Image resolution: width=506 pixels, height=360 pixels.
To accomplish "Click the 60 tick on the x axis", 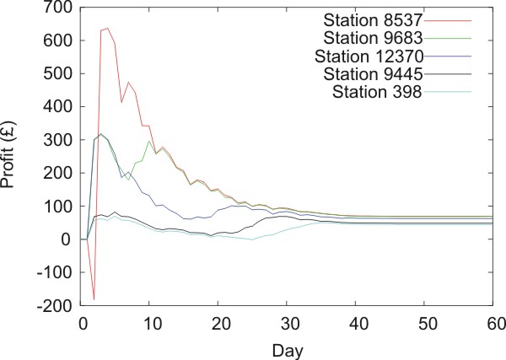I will point(493,322).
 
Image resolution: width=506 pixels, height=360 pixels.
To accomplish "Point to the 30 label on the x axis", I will point(287,322).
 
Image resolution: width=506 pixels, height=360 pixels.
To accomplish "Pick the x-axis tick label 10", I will point(150,322).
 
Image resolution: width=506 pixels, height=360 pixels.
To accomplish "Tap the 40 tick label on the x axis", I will point(355,322).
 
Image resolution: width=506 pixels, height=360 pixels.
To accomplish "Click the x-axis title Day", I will point(287,346).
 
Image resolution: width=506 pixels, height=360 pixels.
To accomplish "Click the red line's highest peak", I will point(108,28).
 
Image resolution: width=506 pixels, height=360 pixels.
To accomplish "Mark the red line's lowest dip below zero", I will point(94,299).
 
